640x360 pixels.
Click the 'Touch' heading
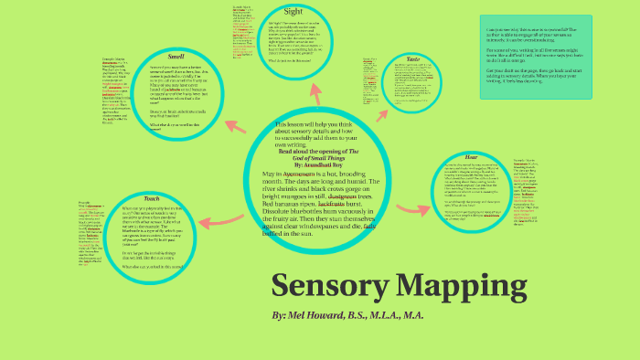(151, 198)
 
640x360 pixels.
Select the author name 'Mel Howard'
(313, 315)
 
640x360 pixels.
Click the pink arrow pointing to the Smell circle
(232, 125)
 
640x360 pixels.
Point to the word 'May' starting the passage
(271, 174)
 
